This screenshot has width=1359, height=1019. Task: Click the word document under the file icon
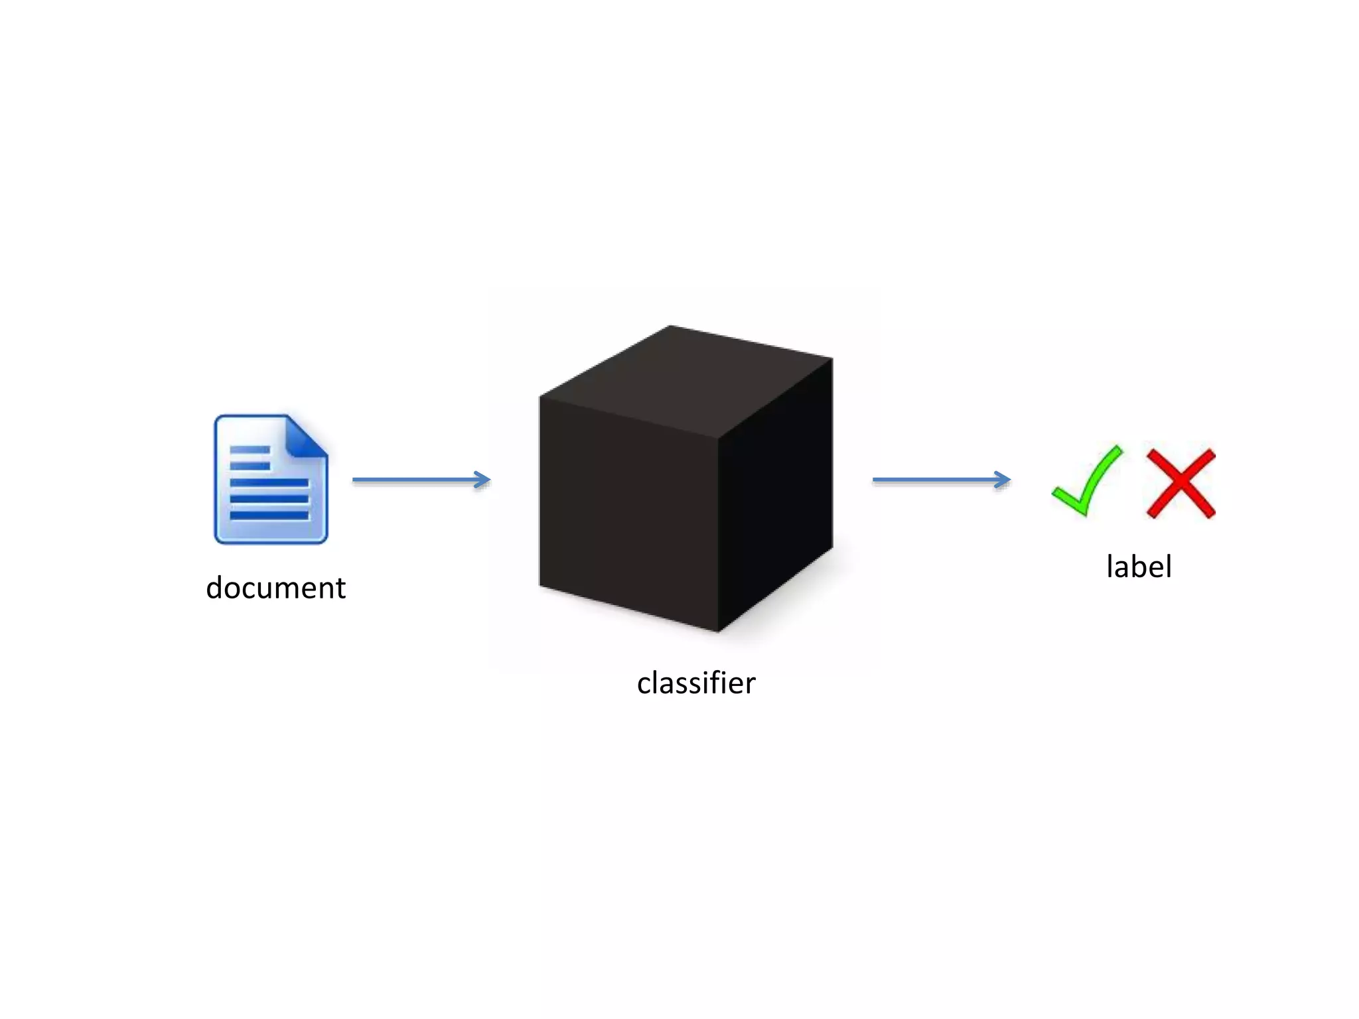[275, 588]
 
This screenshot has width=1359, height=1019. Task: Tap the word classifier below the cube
[696, 683]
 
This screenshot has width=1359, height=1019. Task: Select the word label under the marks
[1139, 567]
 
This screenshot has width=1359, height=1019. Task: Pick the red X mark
[1181, 483]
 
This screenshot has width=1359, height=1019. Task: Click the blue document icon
[271, 479]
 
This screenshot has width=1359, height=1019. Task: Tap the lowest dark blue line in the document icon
[269, 515]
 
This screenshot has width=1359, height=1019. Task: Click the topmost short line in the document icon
[250, 450]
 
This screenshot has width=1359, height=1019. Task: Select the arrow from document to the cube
[421, 479]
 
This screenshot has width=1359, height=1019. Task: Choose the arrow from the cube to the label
[941, 479]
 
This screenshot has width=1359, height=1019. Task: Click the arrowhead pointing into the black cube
[483, 479]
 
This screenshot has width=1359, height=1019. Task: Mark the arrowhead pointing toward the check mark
[1003, 479]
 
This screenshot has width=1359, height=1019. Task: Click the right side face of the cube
[775, 491]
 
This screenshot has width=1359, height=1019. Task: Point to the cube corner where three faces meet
[719, 439]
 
